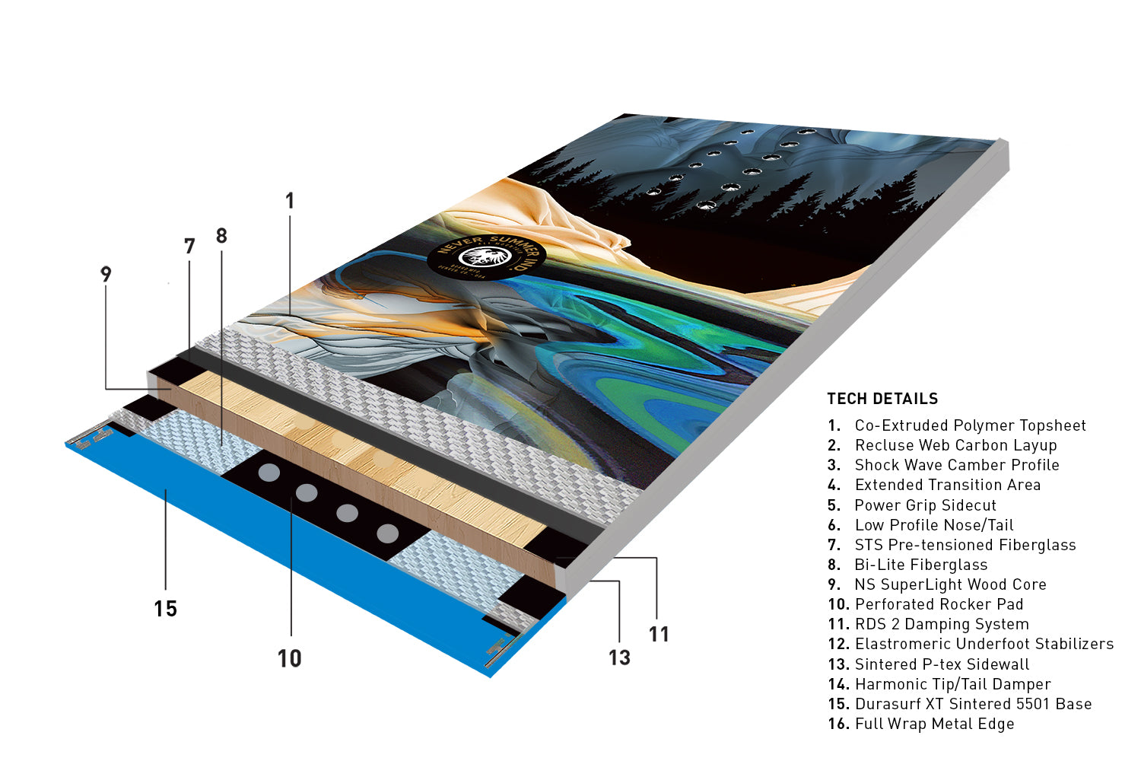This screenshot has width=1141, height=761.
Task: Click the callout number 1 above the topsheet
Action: [x=290, y=201]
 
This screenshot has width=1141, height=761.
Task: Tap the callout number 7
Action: [x=189, y=247]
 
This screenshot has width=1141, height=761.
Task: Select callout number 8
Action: [x=221, y=235]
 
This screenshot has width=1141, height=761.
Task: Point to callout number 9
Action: [x=106, y=274]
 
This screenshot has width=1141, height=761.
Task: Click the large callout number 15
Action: [x=166, y=609]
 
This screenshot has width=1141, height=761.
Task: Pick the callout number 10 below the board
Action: [x=289, y=658]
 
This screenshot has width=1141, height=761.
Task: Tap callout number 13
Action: [x=619, y=658]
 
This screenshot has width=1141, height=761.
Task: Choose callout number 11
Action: [x=659, y=634]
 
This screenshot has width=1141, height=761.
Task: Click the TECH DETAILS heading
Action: [x=882, y=399]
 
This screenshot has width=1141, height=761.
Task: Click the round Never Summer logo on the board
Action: [x=486, y=257]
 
